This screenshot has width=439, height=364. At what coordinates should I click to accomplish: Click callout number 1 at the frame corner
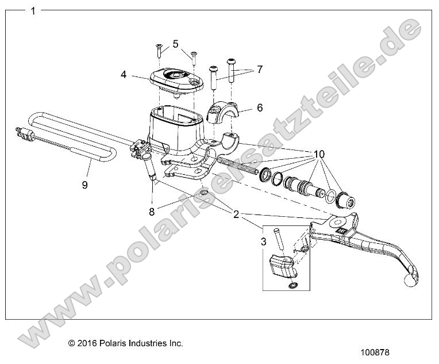point(33,10)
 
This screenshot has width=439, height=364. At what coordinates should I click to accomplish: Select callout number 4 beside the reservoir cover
point(124,74)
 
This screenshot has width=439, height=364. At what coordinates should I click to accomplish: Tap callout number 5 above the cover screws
point(175,44)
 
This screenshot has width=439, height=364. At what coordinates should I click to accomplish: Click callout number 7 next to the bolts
point(260,70)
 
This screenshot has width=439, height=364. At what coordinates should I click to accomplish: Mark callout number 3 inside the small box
point(263,242)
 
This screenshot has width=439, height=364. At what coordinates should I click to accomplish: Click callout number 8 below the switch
point(152,211)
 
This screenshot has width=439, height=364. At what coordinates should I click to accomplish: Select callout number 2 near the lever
point(236,214)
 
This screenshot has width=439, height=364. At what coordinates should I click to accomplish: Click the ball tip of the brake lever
point(411,280)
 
